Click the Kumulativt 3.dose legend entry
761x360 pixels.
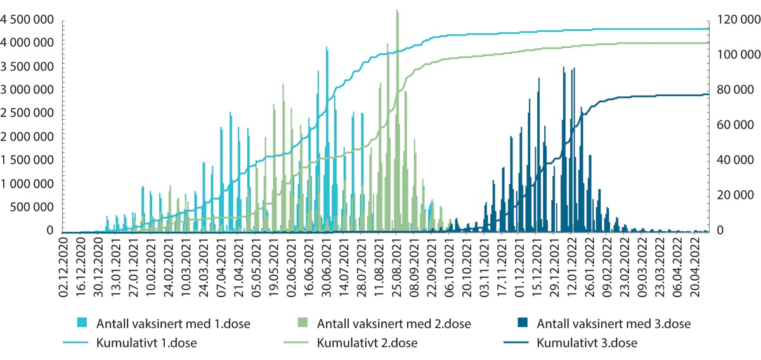[586, 344]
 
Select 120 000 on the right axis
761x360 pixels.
[732, 20]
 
